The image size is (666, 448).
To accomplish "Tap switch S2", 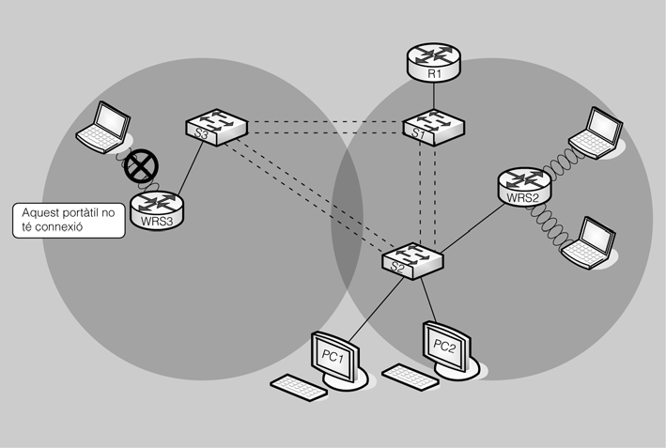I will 414,258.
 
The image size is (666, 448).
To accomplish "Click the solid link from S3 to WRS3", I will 189,167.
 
